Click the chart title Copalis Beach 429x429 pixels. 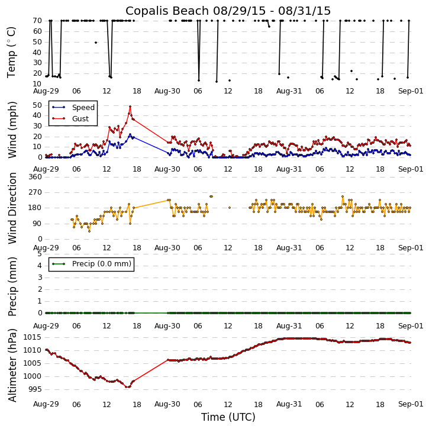pos(228,11)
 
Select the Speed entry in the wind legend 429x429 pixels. pos(82,108)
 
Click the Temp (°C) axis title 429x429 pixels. pos(12,51)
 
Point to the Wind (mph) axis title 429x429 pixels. pos(12,129)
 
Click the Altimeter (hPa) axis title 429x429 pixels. pos(12,365)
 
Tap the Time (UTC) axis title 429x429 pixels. pos(228,417)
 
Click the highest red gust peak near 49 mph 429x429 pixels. pos(130,107)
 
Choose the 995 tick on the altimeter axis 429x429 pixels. pos(34,389)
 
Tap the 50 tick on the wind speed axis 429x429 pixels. pos(37,105)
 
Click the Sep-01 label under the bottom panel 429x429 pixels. pos(411,404)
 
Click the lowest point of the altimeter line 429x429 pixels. pos(127,387)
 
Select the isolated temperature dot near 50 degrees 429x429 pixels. pos(96,43)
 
